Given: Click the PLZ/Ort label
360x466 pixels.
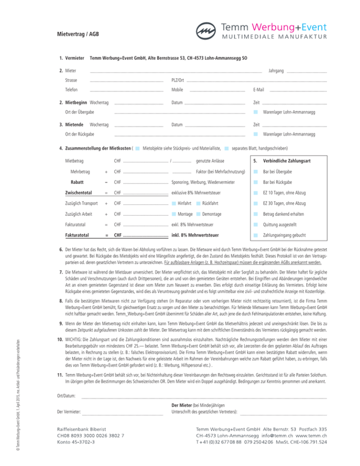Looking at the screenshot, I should [178, 80].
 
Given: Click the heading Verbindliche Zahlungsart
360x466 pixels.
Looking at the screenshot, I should [287, 161].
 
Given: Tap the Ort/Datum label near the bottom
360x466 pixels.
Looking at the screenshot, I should [66, 396].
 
